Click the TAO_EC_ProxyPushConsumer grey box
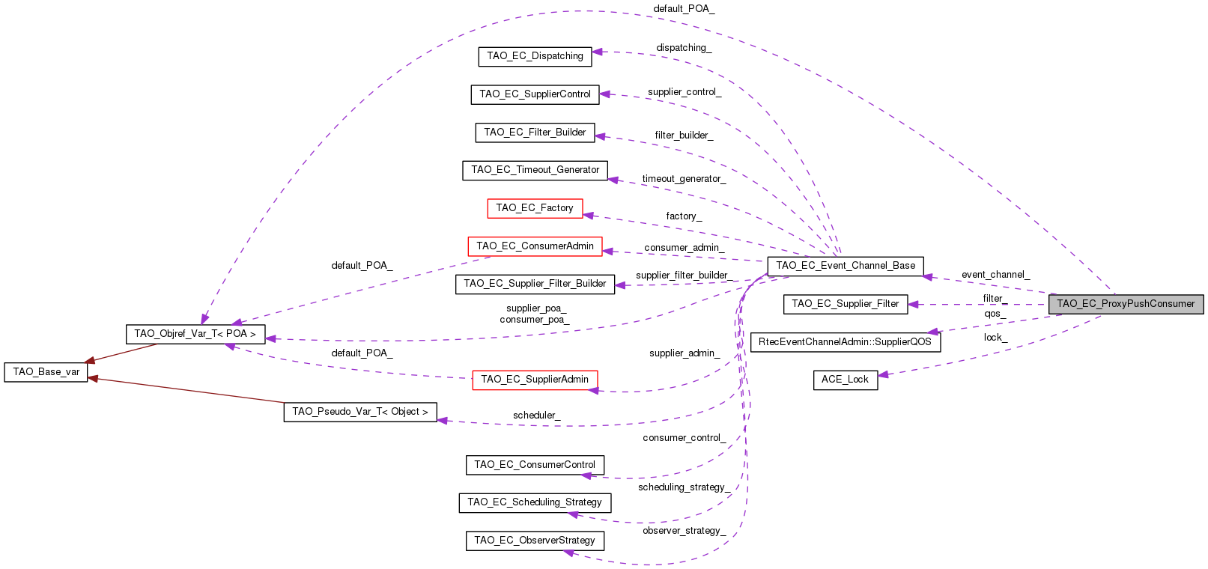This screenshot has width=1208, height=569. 1126,304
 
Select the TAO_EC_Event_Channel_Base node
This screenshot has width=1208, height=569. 845,266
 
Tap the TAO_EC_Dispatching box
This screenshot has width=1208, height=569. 535,56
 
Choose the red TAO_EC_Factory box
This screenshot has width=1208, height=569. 535,208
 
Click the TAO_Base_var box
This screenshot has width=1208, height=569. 46,372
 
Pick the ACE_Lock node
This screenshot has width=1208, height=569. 845,380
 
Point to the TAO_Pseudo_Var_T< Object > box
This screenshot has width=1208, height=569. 359,412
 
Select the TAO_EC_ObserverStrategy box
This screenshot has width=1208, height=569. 535,541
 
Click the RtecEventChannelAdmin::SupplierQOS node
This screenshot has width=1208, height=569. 845,342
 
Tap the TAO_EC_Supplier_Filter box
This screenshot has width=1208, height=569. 845,304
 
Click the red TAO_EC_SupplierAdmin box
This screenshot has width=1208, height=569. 535,380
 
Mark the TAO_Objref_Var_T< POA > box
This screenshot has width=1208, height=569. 195,334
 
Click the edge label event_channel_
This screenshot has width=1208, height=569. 995,275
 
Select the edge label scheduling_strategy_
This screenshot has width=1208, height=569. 684,487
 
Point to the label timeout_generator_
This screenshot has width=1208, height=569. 684,179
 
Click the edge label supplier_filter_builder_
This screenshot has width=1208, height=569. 684,276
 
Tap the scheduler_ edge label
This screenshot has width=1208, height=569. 536,416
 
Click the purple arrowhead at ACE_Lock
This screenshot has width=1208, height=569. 884,374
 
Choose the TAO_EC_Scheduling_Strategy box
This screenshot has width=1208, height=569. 535,502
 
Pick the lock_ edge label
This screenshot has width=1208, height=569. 995,338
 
